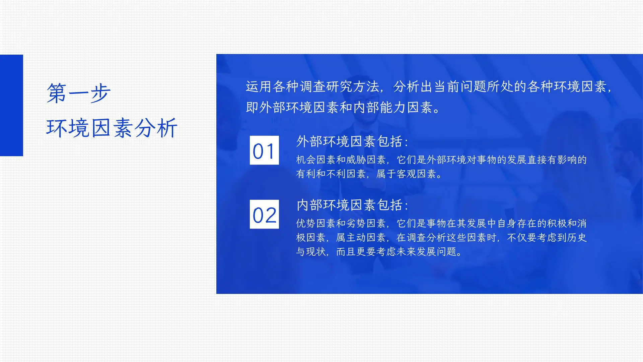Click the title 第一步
coord(78,93)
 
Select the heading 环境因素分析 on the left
coord(112,128)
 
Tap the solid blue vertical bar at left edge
coord(11,105)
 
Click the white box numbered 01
coord(264,150)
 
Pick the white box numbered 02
coord(264,214)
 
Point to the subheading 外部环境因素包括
coord(352,141)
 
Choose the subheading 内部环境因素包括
coord(352,205)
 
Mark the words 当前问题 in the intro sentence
coord(460,87)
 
